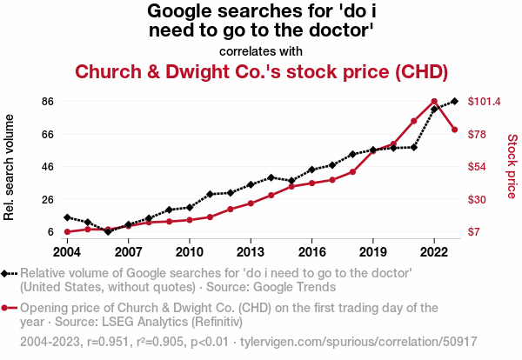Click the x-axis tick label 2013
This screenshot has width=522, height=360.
pyautogui.click(x=251, y=252)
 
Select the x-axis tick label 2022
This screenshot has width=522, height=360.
pyautogui.click(x=434, y=252)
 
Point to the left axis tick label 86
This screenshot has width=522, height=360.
pyautogui.click(x=48, y=102)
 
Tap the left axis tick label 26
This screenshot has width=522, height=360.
pyautogui.click(x=48, y=199)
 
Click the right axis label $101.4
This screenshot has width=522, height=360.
pyautogui.click(x=484, y=102)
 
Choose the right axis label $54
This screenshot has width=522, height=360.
pyautogui.click(x=479, y=167)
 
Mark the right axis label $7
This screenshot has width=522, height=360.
pyautogui.click(x=477, y=232)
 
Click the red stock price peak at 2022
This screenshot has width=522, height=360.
pyautogui.click(x=434, y=102)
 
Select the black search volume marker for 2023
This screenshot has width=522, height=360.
pyautogui.click(x=455, y=102)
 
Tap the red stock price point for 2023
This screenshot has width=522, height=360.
pyautogui.click(x=455, y=130)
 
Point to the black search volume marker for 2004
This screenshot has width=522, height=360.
pyautogui.click(x=67, y=217)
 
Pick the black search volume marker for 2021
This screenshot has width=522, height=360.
pyautogui.click(x=414, y=147)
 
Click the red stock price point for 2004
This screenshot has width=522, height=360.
pyautogui.click(x=67, y=232)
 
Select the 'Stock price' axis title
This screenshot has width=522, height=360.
pyautogui.click(x=512, y=165)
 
